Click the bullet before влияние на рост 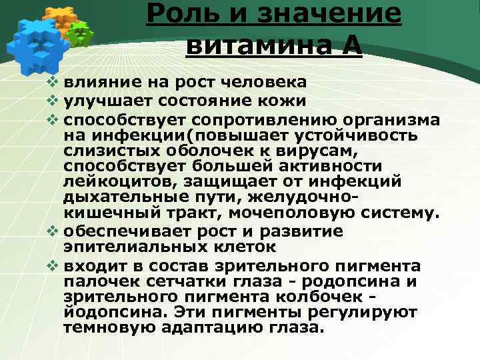click(55, 83)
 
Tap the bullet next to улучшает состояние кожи click(55, 101)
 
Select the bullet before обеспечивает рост click(55, 231)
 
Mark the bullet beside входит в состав click(55, 265)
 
